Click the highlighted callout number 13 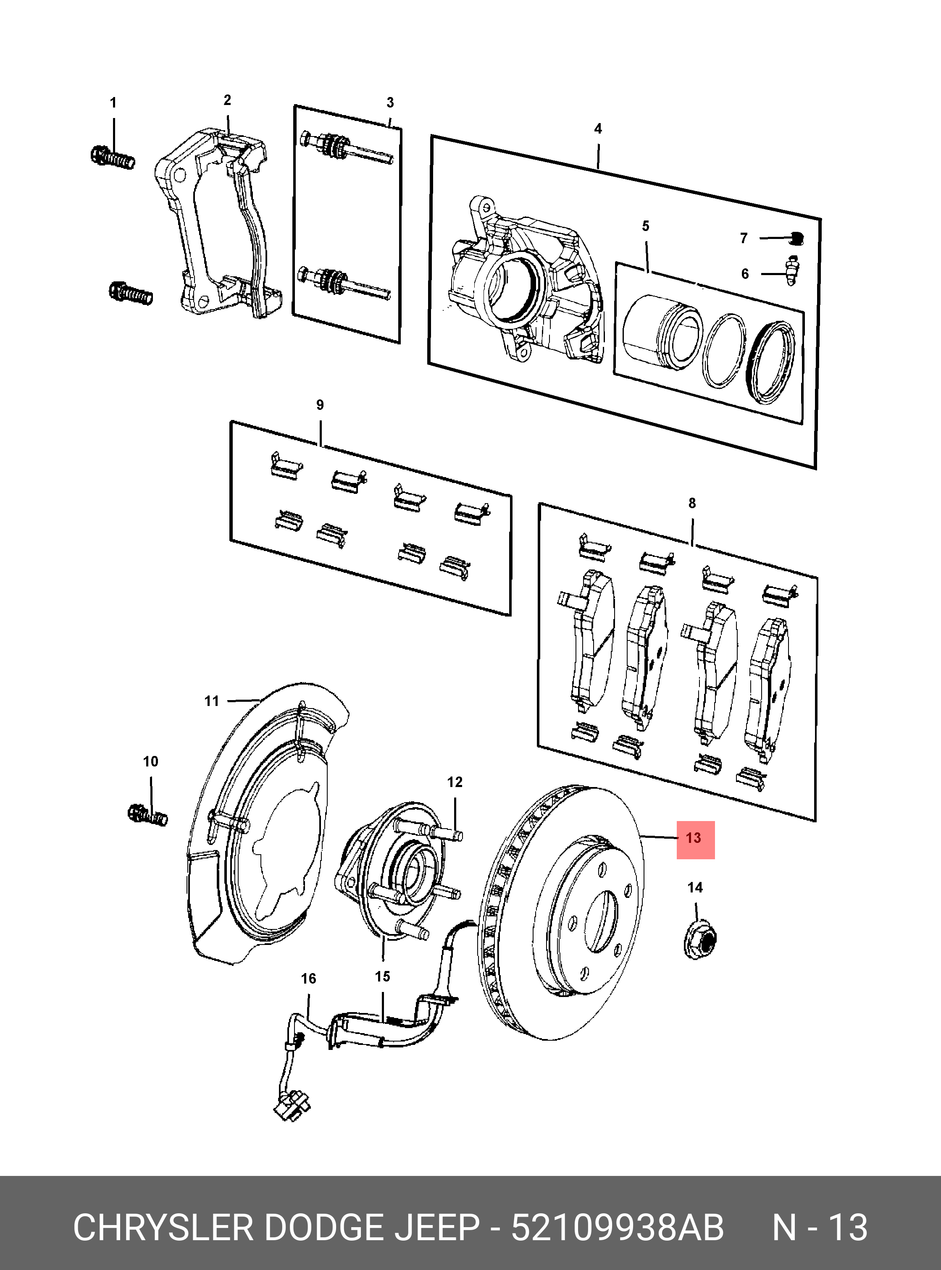coord(694,839)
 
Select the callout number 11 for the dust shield coord(212,701)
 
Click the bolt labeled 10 coord(147,815)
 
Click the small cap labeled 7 coord(797,238)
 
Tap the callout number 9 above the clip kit coord(320,405)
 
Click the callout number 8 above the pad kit coord(692,503)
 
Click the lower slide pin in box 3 coord(344,283)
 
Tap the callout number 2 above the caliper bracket coord(227,100)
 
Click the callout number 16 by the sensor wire coord(308,979)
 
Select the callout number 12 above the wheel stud coord(455,782)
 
